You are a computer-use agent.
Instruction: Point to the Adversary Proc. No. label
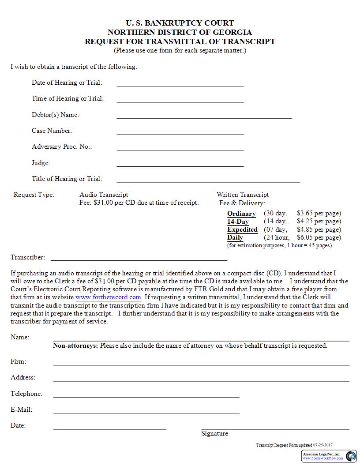[62, 147]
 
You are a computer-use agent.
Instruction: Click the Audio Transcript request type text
[104, 195]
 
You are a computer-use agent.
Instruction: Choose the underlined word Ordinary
[241, 214]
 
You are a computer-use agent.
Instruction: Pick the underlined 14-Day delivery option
[238, 222]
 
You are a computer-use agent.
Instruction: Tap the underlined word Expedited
[242, 229]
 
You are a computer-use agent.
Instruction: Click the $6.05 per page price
[319, 237]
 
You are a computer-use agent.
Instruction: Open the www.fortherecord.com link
[109, 297]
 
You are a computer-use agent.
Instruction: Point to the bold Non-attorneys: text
[75, 346]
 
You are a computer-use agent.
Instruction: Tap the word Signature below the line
[214, 433]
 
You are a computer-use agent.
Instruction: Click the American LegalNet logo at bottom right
[351, 456]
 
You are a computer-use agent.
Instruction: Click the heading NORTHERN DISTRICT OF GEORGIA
[180, 32]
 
